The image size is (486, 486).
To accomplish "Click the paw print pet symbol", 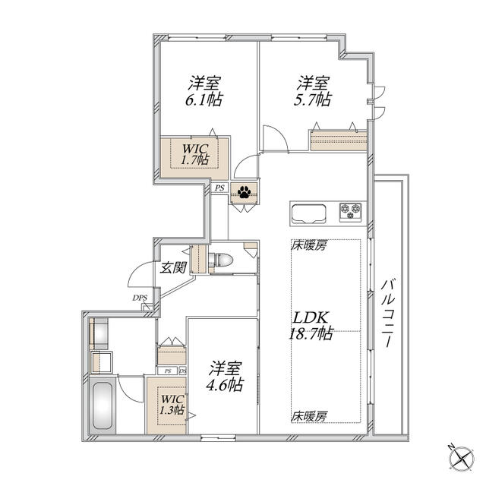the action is pos(245,192).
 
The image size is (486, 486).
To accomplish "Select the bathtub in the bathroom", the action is pos(103,406).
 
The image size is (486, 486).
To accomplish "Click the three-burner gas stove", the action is pos(351,211).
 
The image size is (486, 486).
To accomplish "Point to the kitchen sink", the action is pos(309,213).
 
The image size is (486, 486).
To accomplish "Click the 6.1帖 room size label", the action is pos(204,99).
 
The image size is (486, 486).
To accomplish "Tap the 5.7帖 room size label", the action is pos(312,99).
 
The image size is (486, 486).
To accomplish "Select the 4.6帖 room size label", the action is pos(225,385).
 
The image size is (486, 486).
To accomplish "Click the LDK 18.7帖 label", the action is pos(311,326).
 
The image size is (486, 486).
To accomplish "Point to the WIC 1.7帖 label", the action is pos(195,154).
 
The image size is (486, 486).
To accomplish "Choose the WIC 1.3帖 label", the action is pos(172,405).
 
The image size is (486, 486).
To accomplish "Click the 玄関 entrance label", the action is pos(173,267).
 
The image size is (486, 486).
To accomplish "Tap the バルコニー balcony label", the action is pos(388,313).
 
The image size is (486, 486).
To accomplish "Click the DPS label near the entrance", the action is pos(140,298).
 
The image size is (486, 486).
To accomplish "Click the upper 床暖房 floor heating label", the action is pos(309,246).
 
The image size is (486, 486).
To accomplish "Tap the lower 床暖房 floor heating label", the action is pos(309,416).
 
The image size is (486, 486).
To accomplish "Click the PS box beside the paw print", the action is pos(219,188).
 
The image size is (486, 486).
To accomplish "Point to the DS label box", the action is pos(183,371).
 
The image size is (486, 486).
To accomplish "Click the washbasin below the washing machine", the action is pos(101,362).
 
